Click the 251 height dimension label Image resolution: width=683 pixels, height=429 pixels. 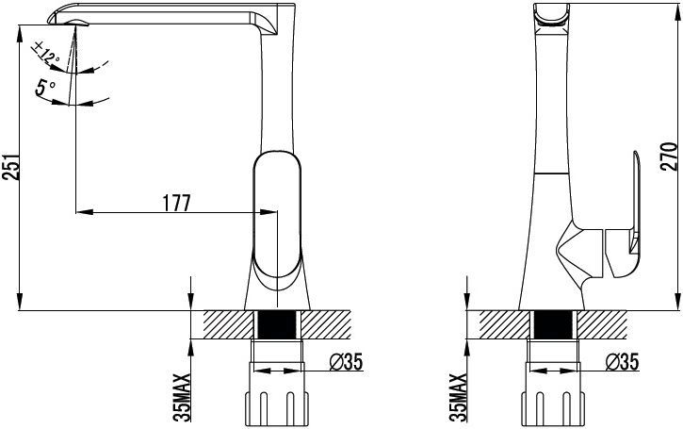click(11, 166)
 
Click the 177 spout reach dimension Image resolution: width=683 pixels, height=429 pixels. click(177, 203)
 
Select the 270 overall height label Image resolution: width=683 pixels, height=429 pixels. click(670, 157)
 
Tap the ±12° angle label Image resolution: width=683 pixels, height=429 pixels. click(45, 52)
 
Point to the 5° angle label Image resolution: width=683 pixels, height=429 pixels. click(45, 88)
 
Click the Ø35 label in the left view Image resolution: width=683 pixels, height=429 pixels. click(347, 361)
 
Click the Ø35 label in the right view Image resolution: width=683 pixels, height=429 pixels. click(622, 361)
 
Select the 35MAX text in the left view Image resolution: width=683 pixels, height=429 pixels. click(182, 397)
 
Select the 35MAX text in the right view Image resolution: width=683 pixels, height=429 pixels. click(458, 397)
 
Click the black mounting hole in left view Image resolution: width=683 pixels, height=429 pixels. click(277, 324)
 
